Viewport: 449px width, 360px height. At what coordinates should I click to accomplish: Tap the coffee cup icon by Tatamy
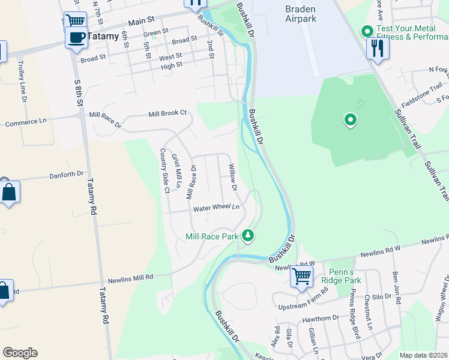76,38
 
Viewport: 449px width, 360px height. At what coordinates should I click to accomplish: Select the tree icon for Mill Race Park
247,236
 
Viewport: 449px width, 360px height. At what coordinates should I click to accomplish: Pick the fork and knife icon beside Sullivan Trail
378,48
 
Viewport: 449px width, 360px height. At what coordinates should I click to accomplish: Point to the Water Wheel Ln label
216,208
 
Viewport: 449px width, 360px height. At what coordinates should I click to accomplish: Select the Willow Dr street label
232,178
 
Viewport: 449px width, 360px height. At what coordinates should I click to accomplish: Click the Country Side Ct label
163,171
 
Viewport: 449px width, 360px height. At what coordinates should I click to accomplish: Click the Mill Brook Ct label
168,113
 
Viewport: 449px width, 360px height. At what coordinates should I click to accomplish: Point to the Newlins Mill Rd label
131,278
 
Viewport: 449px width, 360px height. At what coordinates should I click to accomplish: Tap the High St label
171,66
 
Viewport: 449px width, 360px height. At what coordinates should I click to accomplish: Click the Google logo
20,353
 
